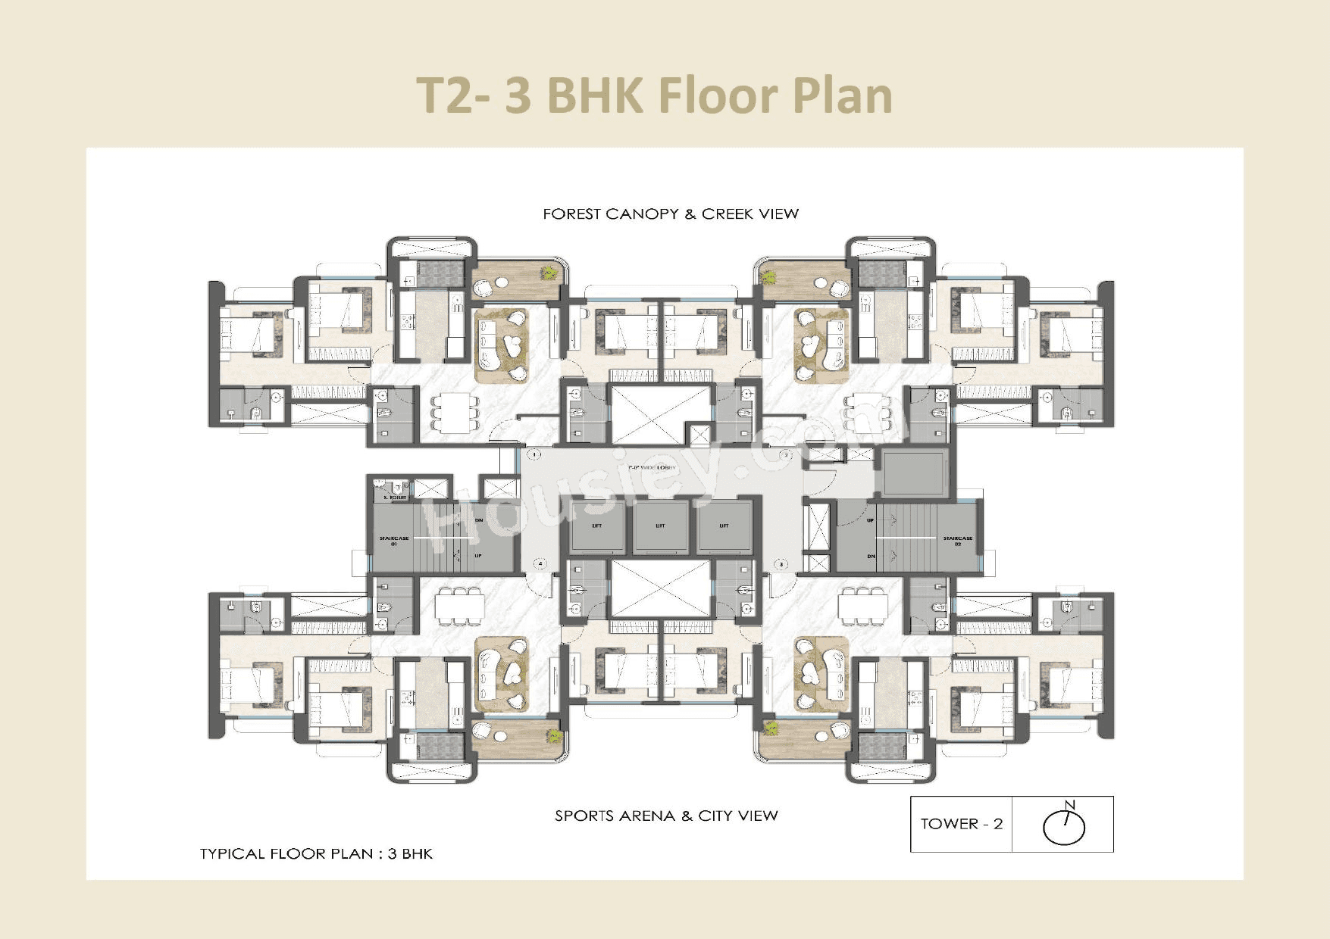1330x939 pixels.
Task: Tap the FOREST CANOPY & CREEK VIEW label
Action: [670, 214]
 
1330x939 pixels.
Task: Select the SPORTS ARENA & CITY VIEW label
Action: [665, 816]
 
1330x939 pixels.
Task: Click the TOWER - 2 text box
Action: [961, 824]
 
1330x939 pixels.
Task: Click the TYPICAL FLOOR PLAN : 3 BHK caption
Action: [316, 853]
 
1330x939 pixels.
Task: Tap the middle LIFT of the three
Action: [660, 526]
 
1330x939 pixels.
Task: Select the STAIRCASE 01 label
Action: [393, 541]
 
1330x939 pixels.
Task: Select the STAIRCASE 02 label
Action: [957, 541]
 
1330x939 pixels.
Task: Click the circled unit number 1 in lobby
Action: [534, 455]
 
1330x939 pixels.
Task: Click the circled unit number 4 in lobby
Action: [540, 564]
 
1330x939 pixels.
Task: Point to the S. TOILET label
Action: [395, 498]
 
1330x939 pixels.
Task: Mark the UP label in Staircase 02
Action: [870, 521]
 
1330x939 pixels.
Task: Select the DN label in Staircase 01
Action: [479, 521]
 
